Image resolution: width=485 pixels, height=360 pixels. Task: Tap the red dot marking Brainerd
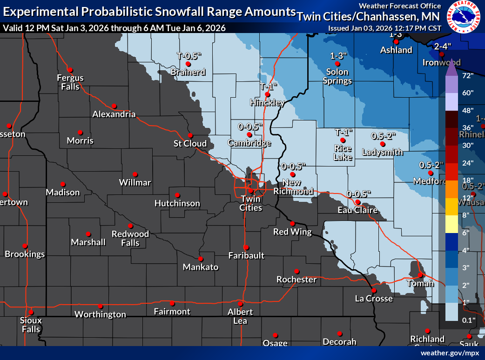188,64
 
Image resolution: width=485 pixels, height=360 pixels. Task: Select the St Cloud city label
190,143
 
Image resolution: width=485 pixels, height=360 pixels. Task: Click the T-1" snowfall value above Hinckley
268,87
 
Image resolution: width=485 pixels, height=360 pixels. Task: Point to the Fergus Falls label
70,82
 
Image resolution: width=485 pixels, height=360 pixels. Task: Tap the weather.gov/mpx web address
450,353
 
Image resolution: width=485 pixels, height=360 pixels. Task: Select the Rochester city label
296,280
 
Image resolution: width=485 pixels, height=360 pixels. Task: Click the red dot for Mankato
201,259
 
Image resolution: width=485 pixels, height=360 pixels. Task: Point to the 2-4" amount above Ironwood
442,46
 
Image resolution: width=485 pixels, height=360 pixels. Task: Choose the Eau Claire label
357,210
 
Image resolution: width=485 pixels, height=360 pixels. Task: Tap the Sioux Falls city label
31,325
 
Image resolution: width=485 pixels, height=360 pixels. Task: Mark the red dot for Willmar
135,174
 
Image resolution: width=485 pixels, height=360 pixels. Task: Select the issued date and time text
384,28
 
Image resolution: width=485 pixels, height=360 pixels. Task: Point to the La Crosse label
374,298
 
